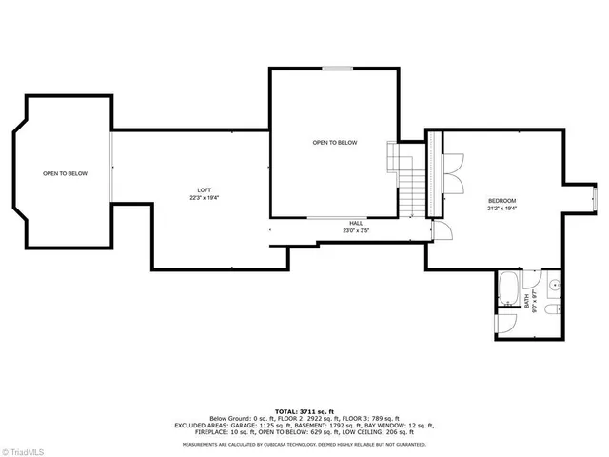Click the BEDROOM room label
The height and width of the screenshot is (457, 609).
click(x=501, y=200)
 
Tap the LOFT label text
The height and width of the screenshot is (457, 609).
click(x=205, y=189)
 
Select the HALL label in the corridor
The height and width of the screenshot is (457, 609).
click(x=355, y=223)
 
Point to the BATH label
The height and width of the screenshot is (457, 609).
click(x=526, y=301)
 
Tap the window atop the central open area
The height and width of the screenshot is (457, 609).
click(x=334, y=69)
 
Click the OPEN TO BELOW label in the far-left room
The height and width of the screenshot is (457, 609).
click(x=65, y=173)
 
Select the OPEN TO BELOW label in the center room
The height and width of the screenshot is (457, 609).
click(x=335, y=142)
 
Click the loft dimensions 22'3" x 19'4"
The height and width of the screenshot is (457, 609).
click(x=205, y=198)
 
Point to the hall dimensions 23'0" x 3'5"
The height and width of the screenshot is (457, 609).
click(x=355, y=230)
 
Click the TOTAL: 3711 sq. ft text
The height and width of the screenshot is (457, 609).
click(x=304, y=407)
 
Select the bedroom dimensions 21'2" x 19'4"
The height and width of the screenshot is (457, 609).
click(x=501, y=208)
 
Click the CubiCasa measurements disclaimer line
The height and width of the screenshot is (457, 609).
click(x=304, y=444)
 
